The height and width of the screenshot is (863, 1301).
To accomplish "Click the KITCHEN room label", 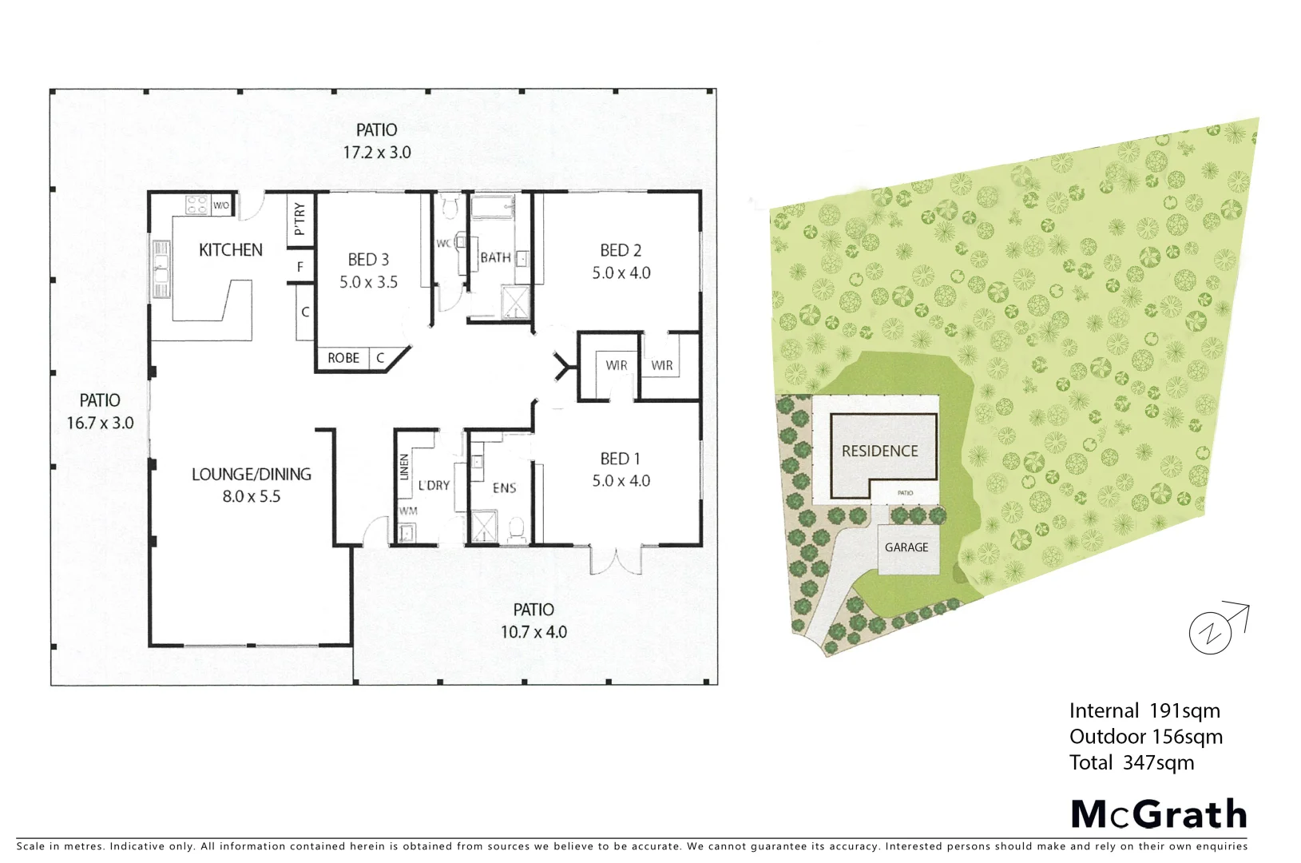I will click(x=230, y=250).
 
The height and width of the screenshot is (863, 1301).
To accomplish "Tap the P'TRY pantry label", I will click(x=299, y=219).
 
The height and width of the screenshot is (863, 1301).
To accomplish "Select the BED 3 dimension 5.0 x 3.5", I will click(x=368, y=282).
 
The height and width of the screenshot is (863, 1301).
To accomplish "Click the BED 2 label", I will click(x=621, y=251).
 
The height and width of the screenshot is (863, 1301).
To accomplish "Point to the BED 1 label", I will click(x=620, y=459).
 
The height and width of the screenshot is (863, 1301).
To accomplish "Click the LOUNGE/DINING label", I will click(x=251, y=474).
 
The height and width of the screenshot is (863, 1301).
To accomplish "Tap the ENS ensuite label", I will click(x=504, y=488).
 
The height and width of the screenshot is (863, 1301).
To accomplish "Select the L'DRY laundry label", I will click(x=434, y=485).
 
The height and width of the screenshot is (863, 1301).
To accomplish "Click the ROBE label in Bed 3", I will click(x=343, y=358).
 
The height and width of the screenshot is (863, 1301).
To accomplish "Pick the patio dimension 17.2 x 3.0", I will click(x=377, y=153).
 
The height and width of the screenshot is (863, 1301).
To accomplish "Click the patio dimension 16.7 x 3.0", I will click(x=100, y=424).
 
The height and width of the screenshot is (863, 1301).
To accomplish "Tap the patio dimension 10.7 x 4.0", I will click(x=533, y=632).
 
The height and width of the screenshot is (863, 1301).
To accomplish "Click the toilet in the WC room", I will click(x=449, y=206).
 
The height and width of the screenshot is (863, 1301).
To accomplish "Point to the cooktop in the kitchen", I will click(x=197, y=205).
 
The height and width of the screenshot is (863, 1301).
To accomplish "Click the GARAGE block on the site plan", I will click(x=906, y=548).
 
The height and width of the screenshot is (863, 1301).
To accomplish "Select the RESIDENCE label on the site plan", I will click(x=880, y=451).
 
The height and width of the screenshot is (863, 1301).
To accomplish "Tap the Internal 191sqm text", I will click(x=1144, y=710).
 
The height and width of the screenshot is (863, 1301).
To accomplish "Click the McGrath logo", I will click(x=1158, y=814).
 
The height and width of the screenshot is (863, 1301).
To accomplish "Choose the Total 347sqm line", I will click(x=1132, y=762).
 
